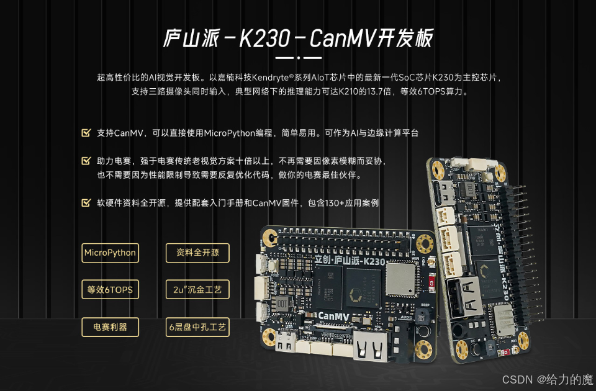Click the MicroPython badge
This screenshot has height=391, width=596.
pos(111,253)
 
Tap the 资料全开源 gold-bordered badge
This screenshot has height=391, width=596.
pos(197,253)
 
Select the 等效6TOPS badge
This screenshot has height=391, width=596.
pos(111,290)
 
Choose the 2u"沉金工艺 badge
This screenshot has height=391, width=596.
pos(197,290)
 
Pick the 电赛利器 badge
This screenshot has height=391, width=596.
pos(111,327)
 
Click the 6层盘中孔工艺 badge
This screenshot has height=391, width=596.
pos(197,327)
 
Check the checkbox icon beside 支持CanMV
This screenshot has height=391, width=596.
pos(86,133)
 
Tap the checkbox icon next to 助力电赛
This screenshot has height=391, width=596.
pos(86,161)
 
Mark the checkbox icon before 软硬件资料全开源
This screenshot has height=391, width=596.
pos(86,202)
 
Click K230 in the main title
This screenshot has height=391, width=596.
pos(265,38)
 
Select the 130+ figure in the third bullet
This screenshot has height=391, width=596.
pos(335,203)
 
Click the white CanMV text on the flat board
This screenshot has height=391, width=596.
pos(333,316)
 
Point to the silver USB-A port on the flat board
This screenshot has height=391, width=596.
pos(371,345)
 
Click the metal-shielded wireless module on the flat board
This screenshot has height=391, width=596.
pos(401,279)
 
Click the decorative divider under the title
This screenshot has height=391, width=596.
pos(299,58)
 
